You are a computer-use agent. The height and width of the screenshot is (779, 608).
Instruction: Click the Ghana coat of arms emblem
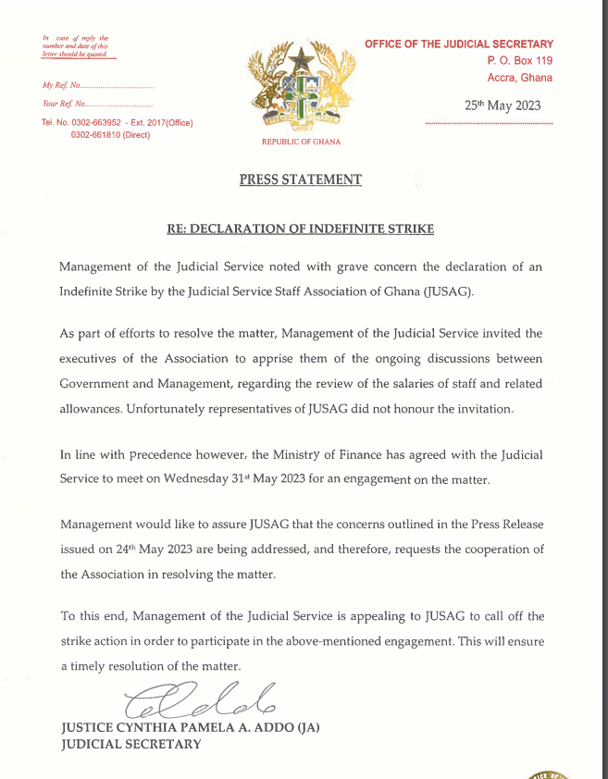(x=300, y=88)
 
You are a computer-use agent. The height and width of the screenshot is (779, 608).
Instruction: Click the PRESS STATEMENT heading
(x=301, y=179)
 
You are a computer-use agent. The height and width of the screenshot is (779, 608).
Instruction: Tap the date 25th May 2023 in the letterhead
(x=503, y=105)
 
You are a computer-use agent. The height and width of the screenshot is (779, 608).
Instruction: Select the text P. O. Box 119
(x=520, y=60)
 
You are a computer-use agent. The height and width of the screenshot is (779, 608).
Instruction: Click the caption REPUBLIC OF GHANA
(x=301, y=142)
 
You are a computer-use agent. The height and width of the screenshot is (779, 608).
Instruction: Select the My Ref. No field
(x=98, y=86)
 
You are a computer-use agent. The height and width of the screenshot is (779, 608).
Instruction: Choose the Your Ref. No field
(x=97, y=104)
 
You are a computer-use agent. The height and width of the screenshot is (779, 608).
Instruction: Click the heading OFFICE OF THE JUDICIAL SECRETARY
(x=459, y=43)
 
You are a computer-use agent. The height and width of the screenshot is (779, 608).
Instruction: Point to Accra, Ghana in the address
(x=519, y=78)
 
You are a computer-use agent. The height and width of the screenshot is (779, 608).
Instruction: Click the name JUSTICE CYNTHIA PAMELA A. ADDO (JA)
(x=190, y=728)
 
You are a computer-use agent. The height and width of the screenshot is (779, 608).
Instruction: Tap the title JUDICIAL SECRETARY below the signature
(x=130, y=744)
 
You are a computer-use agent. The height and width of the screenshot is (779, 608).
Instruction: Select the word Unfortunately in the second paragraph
(x=172, y=409)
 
